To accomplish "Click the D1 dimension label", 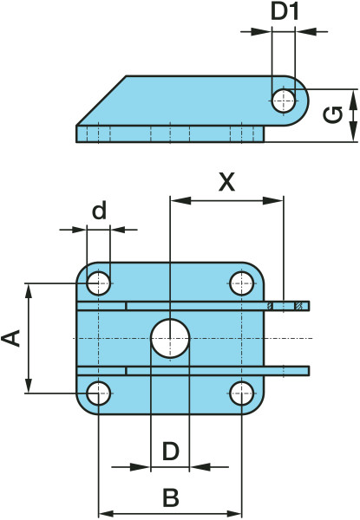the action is tap(285, 12).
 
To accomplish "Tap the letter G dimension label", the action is tap(333, 115).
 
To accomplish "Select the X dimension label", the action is tap(227, 182).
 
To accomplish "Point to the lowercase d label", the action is tap(99, 211).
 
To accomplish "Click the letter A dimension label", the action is tap(11, 338).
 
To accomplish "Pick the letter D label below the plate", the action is tap(171, 451).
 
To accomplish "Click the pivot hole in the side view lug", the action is tap(284, 100).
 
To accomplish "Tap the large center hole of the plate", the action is tap(170, 339).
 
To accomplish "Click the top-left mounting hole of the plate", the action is tap(99, 283).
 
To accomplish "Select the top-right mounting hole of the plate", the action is tap(242, 283).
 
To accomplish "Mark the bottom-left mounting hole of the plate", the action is tap(99, 393).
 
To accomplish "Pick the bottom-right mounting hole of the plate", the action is tap(242, 393).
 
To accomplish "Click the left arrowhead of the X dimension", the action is tap(180, 201).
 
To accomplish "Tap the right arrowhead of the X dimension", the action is tap(273, 201).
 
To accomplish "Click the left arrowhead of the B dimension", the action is tap(109, 514).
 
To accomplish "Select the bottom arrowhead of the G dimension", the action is tap(353, 132).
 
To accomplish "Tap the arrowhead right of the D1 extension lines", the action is tap(305, 32).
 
